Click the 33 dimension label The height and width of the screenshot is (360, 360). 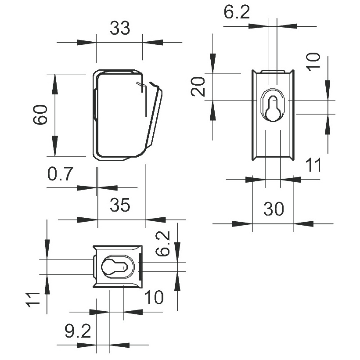[x=120, y=28]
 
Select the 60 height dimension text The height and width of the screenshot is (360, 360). [x=40, y=115]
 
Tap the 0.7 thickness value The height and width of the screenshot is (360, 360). [x=60, y=173]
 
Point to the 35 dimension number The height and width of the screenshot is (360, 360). [x=120, y=205]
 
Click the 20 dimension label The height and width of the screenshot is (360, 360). [x=198, y=86]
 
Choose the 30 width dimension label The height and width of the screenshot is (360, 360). [x=274, y=209]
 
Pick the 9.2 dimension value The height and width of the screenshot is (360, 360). [x=78, y=331]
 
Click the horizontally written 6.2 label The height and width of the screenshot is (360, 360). [x=237, y=12]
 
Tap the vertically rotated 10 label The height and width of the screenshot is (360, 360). [x=313, y=62]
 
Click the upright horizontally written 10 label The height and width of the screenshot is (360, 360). [x=154, y=297]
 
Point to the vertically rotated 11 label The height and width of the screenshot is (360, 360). [x=33, y=299]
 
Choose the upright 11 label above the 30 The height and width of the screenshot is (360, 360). [x=313, y=165]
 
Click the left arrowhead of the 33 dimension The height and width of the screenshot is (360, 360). [x=86, y=43]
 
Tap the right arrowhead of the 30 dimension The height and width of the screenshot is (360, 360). [x=303, y=223]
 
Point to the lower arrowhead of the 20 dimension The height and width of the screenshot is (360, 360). [x=213, y=111]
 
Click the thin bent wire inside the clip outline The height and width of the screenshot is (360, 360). [x=143, y=99]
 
